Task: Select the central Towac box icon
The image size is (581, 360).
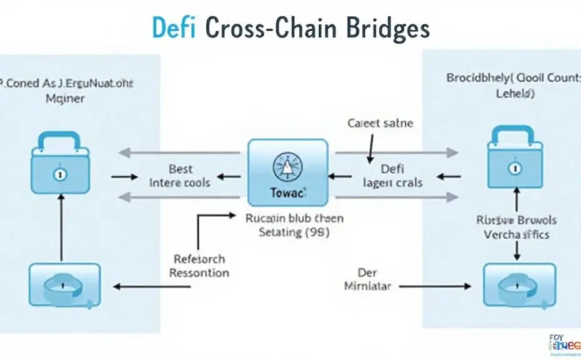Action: point(288,172)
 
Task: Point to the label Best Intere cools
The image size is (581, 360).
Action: point(180,176)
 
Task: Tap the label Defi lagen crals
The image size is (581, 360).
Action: point(393,176)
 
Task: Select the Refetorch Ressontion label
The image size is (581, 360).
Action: point(200,266)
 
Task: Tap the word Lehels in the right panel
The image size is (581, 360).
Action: point(514,93)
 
